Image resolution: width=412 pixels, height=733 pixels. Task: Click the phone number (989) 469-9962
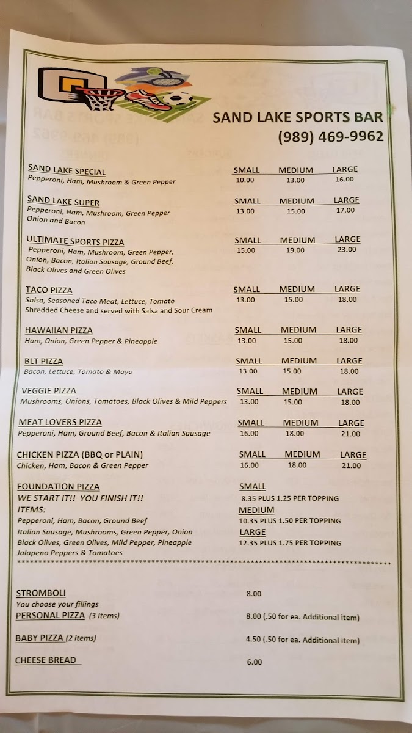pos(330,136)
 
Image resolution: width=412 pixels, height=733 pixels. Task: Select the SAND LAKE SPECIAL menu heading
pos(67,172)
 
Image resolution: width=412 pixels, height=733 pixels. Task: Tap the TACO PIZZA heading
pos(49,290)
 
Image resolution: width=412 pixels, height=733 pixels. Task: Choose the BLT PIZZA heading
pos(44,361)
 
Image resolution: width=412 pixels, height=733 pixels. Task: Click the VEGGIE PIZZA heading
pos(48,391)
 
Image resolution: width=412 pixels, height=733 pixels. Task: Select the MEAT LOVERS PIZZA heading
pos(60,422)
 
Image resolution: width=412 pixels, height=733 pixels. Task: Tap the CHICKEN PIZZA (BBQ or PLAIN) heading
pos(79,454)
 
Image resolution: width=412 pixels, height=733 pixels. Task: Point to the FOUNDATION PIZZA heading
pos(58,487)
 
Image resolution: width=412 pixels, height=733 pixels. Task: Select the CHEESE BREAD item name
pos(46,660)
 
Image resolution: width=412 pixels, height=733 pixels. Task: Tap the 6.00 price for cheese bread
pos(255,662)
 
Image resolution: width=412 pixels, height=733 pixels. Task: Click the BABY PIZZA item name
pos(40,638)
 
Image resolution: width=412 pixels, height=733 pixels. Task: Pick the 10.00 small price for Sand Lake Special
pos(245,180)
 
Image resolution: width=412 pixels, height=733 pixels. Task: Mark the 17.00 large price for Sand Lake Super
pos(345,210)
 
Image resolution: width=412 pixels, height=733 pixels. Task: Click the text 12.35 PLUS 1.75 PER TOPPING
pos(289,543)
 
